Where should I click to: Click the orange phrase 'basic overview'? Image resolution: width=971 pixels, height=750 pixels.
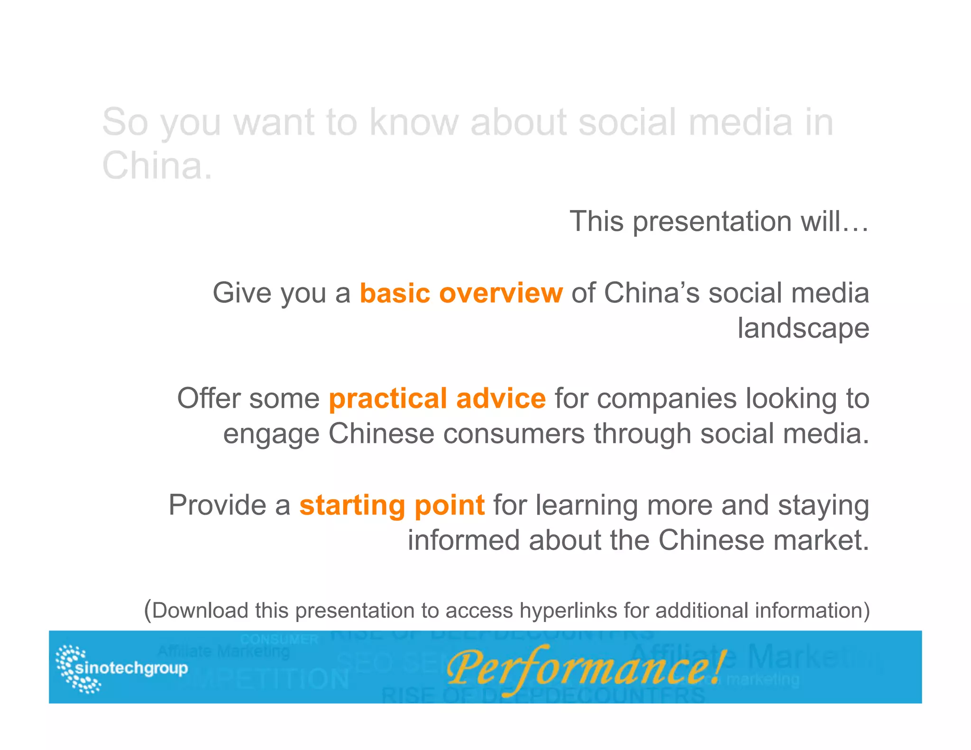pos(461,293)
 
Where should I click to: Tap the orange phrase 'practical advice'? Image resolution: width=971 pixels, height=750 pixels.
pos(437,398)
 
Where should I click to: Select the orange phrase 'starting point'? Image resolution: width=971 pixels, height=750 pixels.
pos(392,505)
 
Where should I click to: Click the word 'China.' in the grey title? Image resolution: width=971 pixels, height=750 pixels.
pos(157,165)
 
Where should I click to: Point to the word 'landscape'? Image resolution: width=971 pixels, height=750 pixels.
pos(803,328)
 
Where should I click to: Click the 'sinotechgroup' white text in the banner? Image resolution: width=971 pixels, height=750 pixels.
pos(132,668)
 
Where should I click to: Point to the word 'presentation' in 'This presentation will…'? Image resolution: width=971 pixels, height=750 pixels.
pos(712,221)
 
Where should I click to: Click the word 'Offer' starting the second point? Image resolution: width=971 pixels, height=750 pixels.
pos(209,398)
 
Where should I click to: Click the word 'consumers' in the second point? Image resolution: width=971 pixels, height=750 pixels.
pos(514,434)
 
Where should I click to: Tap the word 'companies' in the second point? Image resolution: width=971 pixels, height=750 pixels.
pos(667,398)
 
